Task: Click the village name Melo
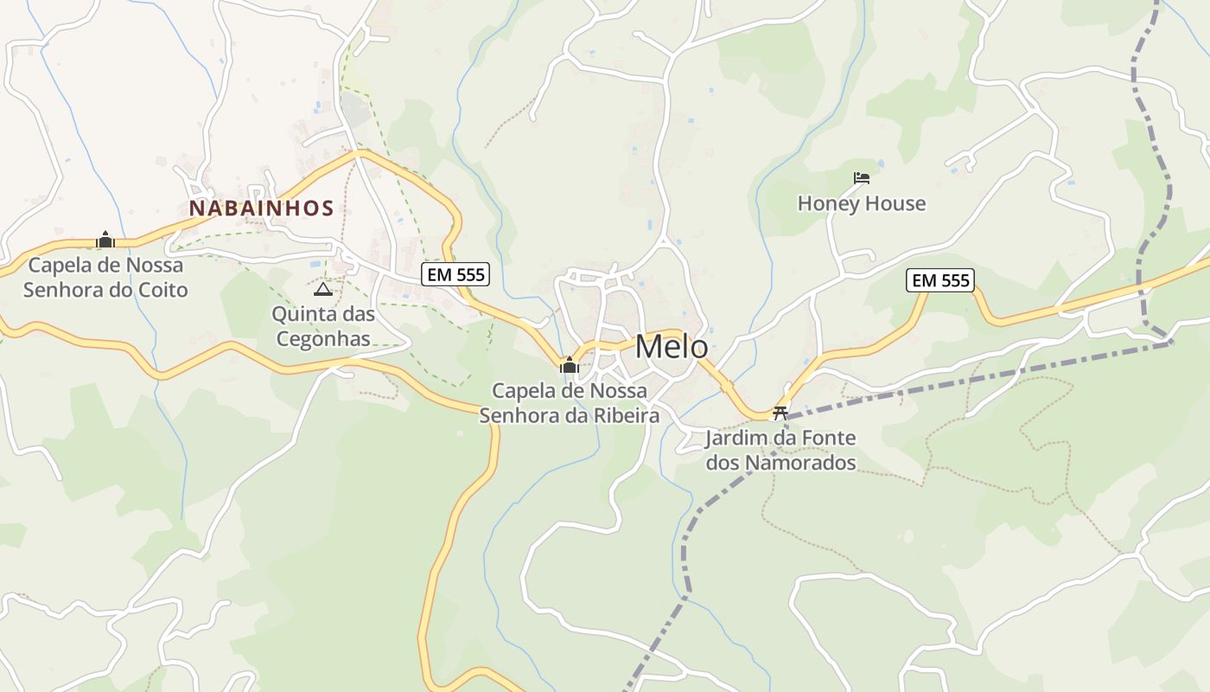(672, 347)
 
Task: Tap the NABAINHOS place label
(261, 208)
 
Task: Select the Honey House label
(861, 203)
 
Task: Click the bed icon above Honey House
(861, 178)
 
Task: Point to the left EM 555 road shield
(455, 275)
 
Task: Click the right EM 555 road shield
(940, 280)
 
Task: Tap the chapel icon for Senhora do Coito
(105, 240)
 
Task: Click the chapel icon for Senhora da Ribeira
(569, 365)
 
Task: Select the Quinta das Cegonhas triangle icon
(322, 289)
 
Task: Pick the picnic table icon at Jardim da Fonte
(780, 413)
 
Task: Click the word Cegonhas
(323, 339)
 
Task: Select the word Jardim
(736, 438)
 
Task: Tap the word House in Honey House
(895, 203)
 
